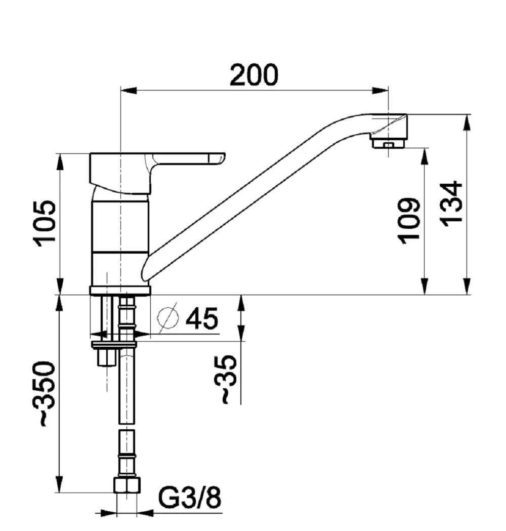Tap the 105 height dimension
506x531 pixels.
click(x=44, y=224)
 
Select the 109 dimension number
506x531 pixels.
click(x=409, y=221)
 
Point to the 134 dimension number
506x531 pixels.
click(x=451, y=204)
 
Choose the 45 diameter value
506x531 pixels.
click(x=202, y=318)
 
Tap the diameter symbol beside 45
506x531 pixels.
click(x=167, y=318)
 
